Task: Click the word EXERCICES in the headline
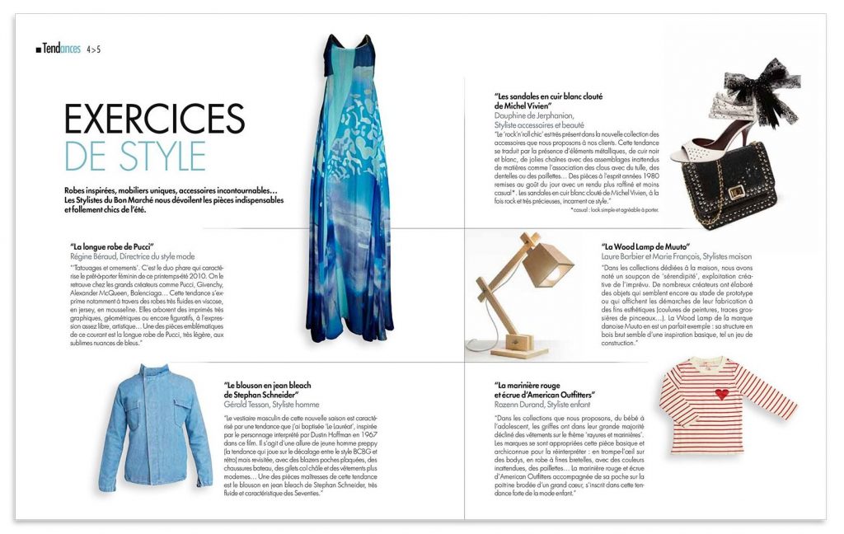pyautogui.click(x=154, y=119)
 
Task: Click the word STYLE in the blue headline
pyautogui.click(x=163, y=156)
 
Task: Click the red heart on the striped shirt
pyautogui.click(x=722, y=394)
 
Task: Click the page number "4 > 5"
pyautogui.click(x=93, y=49)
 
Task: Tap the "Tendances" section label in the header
pyautogui.click(x=62, y=49)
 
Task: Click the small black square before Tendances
pyautogui.click(x=38, y=50)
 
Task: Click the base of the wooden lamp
pyautogui.click(x=519, y=350)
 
